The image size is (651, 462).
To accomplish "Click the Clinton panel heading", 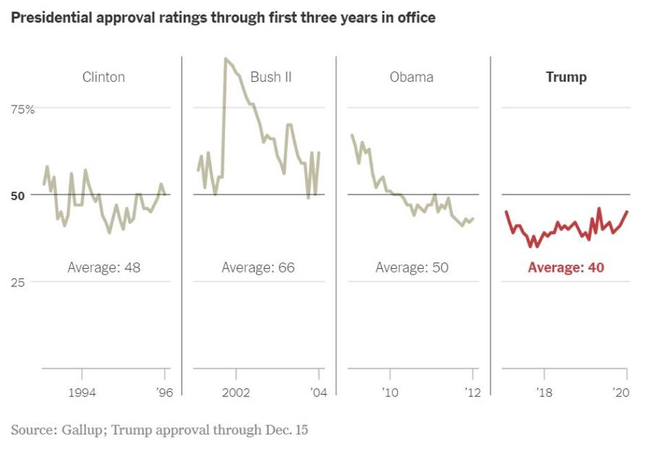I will coord(103,77).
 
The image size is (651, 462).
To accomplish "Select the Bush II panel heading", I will coord(271,77).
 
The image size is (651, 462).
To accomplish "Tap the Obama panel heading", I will coord(412,77).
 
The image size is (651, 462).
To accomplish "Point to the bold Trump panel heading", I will coord(566,77).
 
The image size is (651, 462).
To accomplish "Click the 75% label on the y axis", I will coord(22,109).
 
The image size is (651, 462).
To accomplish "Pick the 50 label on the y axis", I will coord(18,195).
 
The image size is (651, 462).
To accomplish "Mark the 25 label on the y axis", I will coord(18,282).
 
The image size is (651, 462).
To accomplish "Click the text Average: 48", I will coord(103,268).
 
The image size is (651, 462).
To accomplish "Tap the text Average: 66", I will coord(258,268).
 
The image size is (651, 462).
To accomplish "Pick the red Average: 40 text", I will coord(566,268).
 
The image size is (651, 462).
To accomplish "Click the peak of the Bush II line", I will coord(226,59).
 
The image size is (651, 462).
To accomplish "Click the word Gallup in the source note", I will coord(82,430).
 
